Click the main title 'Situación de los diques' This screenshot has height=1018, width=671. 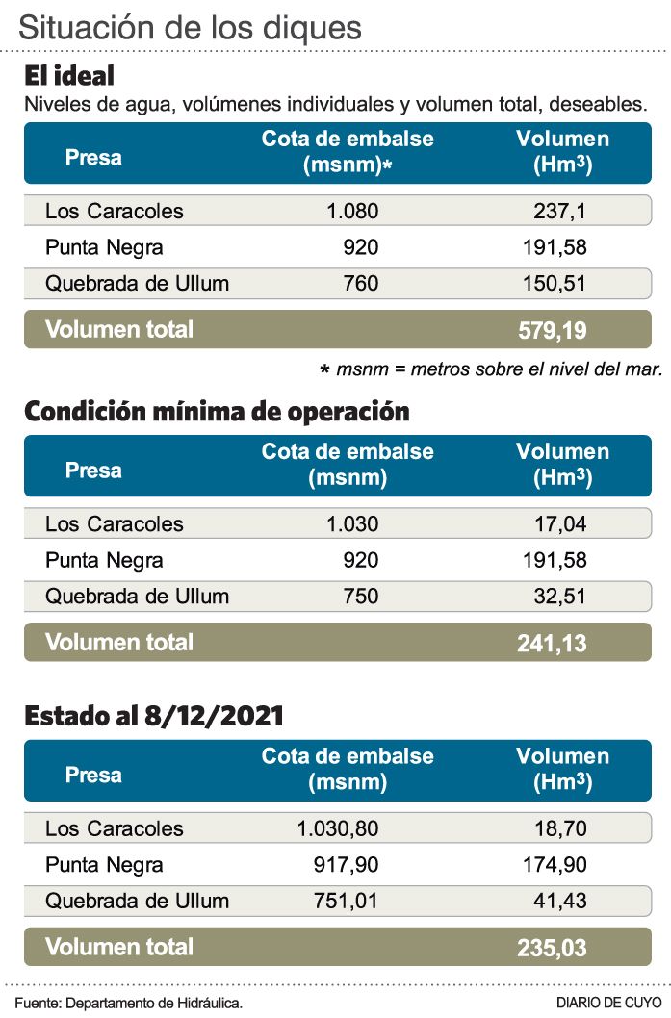coord(190,26)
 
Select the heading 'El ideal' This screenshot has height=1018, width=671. coord(69,76)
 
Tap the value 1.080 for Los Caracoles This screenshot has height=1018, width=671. coord(352,212)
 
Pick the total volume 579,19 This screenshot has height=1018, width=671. coord(552,331)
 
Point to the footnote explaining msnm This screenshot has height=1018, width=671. coord(491,369)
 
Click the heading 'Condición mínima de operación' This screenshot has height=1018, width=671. coord(217,412)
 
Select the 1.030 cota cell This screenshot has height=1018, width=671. coord(352,524)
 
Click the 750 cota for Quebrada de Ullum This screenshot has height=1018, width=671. coord(360,597)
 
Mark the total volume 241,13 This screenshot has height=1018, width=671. coord(552,644)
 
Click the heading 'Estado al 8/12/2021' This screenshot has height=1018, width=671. coord(154,716)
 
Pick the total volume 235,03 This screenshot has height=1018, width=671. coord(552,949)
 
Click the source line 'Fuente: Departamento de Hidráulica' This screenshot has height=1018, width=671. coord(128,1003)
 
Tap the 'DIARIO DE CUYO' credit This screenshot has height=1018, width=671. coord(608,1003)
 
